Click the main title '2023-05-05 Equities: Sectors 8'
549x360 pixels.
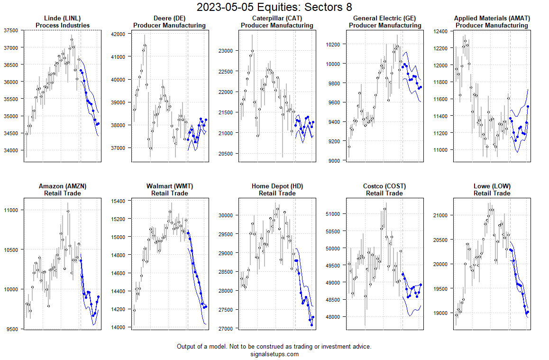coord(274,7)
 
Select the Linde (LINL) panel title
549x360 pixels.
coord(62,18)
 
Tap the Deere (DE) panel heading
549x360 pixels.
coord(169,18)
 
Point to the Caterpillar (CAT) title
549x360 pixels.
coord(277,18)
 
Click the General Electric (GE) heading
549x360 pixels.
coord(384,18)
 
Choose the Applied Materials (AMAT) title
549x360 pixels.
coord(492,18)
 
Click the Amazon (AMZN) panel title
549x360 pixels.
coord(62,186)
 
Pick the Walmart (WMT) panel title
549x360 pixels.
coord(169,186)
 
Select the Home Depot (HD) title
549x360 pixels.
coord(277,186)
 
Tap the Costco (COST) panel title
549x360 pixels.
coord(384,186)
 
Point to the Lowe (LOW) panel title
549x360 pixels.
coord(492,186)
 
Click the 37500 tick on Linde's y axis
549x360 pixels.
coord(10,30)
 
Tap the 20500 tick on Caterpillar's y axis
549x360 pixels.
coord(225,154)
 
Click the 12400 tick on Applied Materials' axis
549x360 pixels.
coord(440,31)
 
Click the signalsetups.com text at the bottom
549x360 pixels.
coord(274,354)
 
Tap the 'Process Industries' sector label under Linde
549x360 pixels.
coord(62,25)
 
